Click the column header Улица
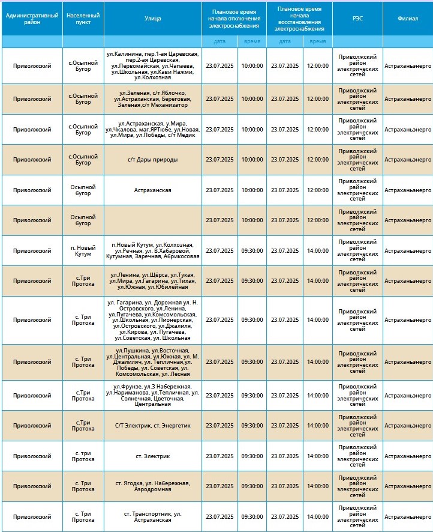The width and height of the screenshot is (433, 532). tap(152, 19)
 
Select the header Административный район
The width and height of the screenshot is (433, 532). tap(32, 19)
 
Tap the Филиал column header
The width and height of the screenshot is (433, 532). tap(408, 19)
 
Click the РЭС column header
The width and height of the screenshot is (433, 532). tap(357, 19)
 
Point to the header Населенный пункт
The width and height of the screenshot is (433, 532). tap(83, 19)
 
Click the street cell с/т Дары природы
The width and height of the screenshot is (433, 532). tap(152, 160)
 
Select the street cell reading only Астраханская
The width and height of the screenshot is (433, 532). tap(152, 190)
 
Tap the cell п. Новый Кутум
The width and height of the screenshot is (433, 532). tap(83, 251)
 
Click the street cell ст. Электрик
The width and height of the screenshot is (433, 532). tap(152, 456)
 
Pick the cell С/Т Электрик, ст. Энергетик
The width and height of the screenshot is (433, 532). tap(152, 426)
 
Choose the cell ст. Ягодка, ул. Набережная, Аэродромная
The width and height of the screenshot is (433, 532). tap(152, 486)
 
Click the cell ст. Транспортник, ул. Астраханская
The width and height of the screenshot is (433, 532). tap(152, 517)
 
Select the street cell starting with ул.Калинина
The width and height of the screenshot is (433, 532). tap(152, 65)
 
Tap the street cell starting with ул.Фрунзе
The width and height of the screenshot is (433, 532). tap(152, 395)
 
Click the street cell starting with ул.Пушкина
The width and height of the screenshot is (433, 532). tap(152, 362)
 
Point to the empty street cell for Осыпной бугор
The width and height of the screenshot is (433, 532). tap(152, 220)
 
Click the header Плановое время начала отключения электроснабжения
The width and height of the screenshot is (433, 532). tap(234, 19)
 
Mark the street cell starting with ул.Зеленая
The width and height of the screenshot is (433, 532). tap(152, 99)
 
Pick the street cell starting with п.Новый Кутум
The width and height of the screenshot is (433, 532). tap(152, 251)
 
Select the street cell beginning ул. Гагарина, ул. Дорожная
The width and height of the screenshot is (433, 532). tap(152, 320)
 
